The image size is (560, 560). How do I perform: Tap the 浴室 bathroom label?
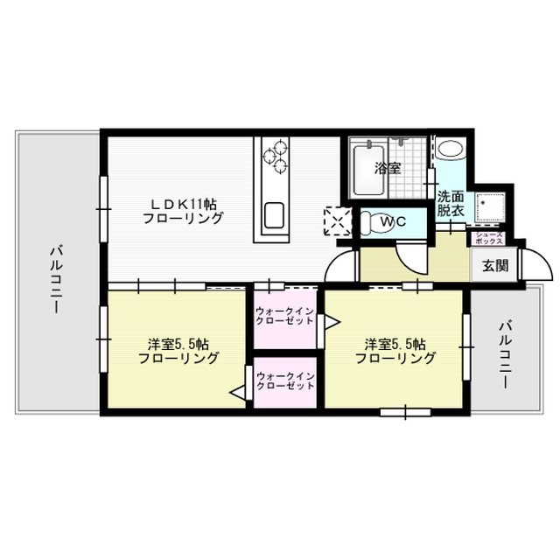click(x=388, y=168)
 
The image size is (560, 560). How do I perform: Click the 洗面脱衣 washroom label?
click(x=451, y=204)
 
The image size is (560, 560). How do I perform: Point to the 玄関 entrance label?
click(x=494, y=265)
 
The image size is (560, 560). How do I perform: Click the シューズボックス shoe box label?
click(x=487, y=238)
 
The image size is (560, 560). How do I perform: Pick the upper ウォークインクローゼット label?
click(x=285, y=317)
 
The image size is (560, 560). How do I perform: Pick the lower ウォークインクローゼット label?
click(x=285, y=381)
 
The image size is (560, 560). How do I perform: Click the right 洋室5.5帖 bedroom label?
click(x=396, y=351)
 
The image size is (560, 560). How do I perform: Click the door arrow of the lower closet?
click(x=238, y=394)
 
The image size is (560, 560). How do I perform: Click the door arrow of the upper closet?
click(x=330, y=322)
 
